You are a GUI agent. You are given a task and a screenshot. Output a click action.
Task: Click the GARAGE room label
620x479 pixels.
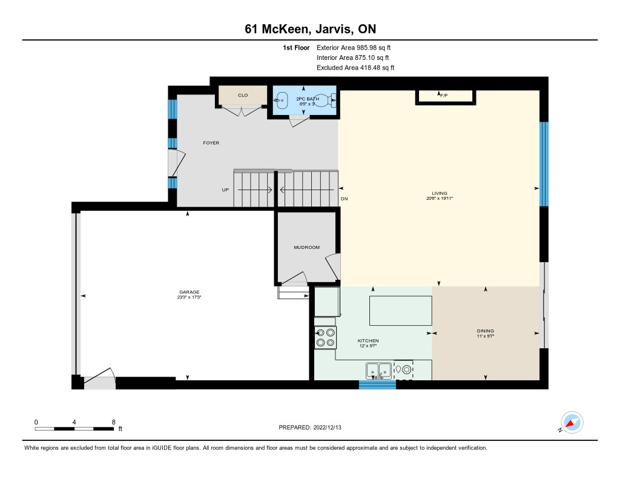click(x=190, y=292)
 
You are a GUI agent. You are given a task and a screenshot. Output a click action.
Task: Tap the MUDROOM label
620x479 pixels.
click(x=307, y=247)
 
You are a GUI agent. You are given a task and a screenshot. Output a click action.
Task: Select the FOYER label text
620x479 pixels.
click(x=211, y=143)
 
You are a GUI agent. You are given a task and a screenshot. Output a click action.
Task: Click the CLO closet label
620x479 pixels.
click(x=243, y=95)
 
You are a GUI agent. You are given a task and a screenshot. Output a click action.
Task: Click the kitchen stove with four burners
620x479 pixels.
click(x=325, y=337)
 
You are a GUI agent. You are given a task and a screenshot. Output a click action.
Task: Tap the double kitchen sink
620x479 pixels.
click(x=379, y=371)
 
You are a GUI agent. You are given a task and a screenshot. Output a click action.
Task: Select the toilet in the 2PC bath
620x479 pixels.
click(x=326, y=101)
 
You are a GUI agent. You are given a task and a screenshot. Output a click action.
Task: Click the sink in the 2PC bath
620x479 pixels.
click(x=281, y=101)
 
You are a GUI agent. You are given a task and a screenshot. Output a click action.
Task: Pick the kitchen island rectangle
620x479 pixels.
click(x=401, y=311)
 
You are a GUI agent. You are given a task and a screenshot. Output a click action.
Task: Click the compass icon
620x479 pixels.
click(x=572, y=423)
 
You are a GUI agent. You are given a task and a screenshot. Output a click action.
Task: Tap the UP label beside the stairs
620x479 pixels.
click(x=225, y=190)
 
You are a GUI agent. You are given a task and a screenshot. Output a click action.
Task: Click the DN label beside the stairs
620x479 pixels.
click(x=345, y=199)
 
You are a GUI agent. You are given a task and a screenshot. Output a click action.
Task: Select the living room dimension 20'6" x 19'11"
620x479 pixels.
click(x=440, y=198)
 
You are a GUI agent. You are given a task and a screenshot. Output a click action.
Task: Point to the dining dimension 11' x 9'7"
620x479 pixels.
click(x=486, y=336)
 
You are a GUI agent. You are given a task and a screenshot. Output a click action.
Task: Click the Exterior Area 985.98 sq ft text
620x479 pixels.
click(x=354, y=47)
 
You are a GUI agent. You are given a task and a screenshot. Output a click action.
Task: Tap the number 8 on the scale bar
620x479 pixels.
click(x=113, y=422)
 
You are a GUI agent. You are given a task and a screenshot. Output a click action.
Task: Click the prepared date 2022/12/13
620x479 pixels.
click(x=328, y=427)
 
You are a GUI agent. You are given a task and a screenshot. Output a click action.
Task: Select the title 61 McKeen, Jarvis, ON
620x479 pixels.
click(x=311, y=29)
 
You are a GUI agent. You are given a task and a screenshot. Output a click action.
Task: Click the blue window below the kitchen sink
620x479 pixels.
click(x=378, y=385)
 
